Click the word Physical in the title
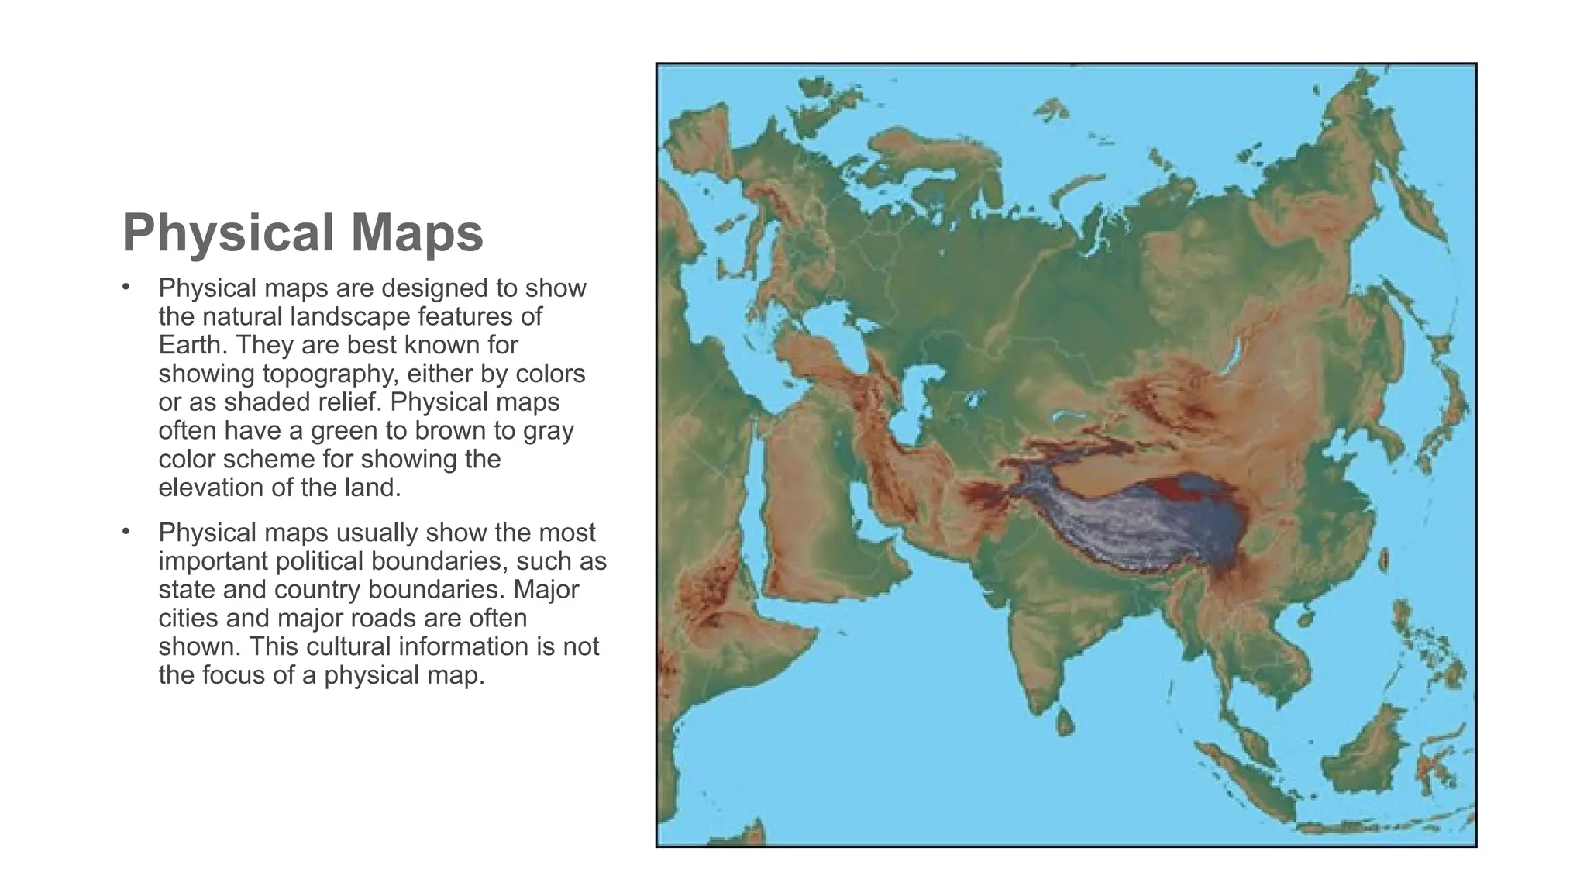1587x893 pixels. pyautogui.click(x=229, y=233)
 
